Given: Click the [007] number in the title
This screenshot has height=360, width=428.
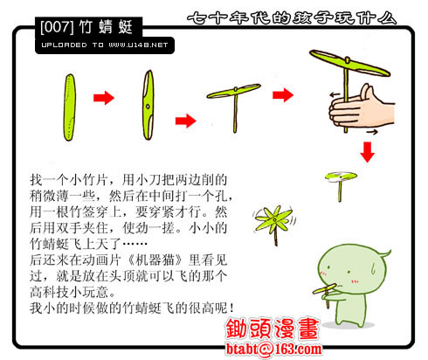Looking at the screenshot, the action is pos(57,27).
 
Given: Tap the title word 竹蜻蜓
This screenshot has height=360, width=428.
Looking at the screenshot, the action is pos(106,27).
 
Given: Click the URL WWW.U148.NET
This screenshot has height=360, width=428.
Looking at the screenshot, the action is pos(138,45).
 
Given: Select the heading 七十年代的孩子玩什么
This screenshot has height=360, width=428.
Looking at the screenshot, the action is pos(292,18).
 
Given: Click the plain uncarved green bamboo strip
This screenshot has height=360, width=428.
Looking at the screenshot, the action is pos(69,107).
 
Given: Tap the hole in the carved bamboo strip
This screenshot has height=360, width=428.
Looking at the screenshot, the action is pos(148,107).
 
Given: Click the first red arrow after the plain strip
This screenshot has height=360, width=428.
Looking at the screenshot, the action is pos(104,98).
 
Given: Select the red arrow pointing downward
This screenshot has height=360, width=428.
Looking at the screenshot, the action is pos(368,152).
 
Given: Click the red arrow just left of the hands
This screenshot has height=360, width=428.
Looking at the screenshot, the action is pos(283,95).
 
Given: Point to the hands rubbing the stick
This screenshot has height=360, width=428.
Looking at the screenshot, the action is pos(360,108).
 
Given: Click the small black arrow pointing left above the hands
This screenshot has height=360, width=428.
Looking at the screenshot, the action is pos(335,94).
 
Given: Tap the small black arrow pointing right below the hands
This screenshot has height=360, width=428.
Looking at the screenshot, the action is pos(372,132).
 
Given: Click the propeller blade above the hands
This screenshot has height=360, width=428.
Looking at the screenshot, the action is pos(349,63).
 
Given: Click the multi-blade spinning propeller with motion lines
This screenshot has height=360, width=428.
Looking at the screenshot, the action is pos(273,221).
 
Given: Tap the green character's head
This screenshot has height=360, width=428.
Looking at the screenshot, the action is pos(352,269).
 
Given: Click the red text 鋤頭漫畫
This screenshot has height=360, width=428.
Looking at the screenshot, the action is pos(273,329).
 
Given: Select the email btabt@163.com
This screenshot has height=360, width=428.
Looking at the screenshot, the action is pos(274,349).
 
